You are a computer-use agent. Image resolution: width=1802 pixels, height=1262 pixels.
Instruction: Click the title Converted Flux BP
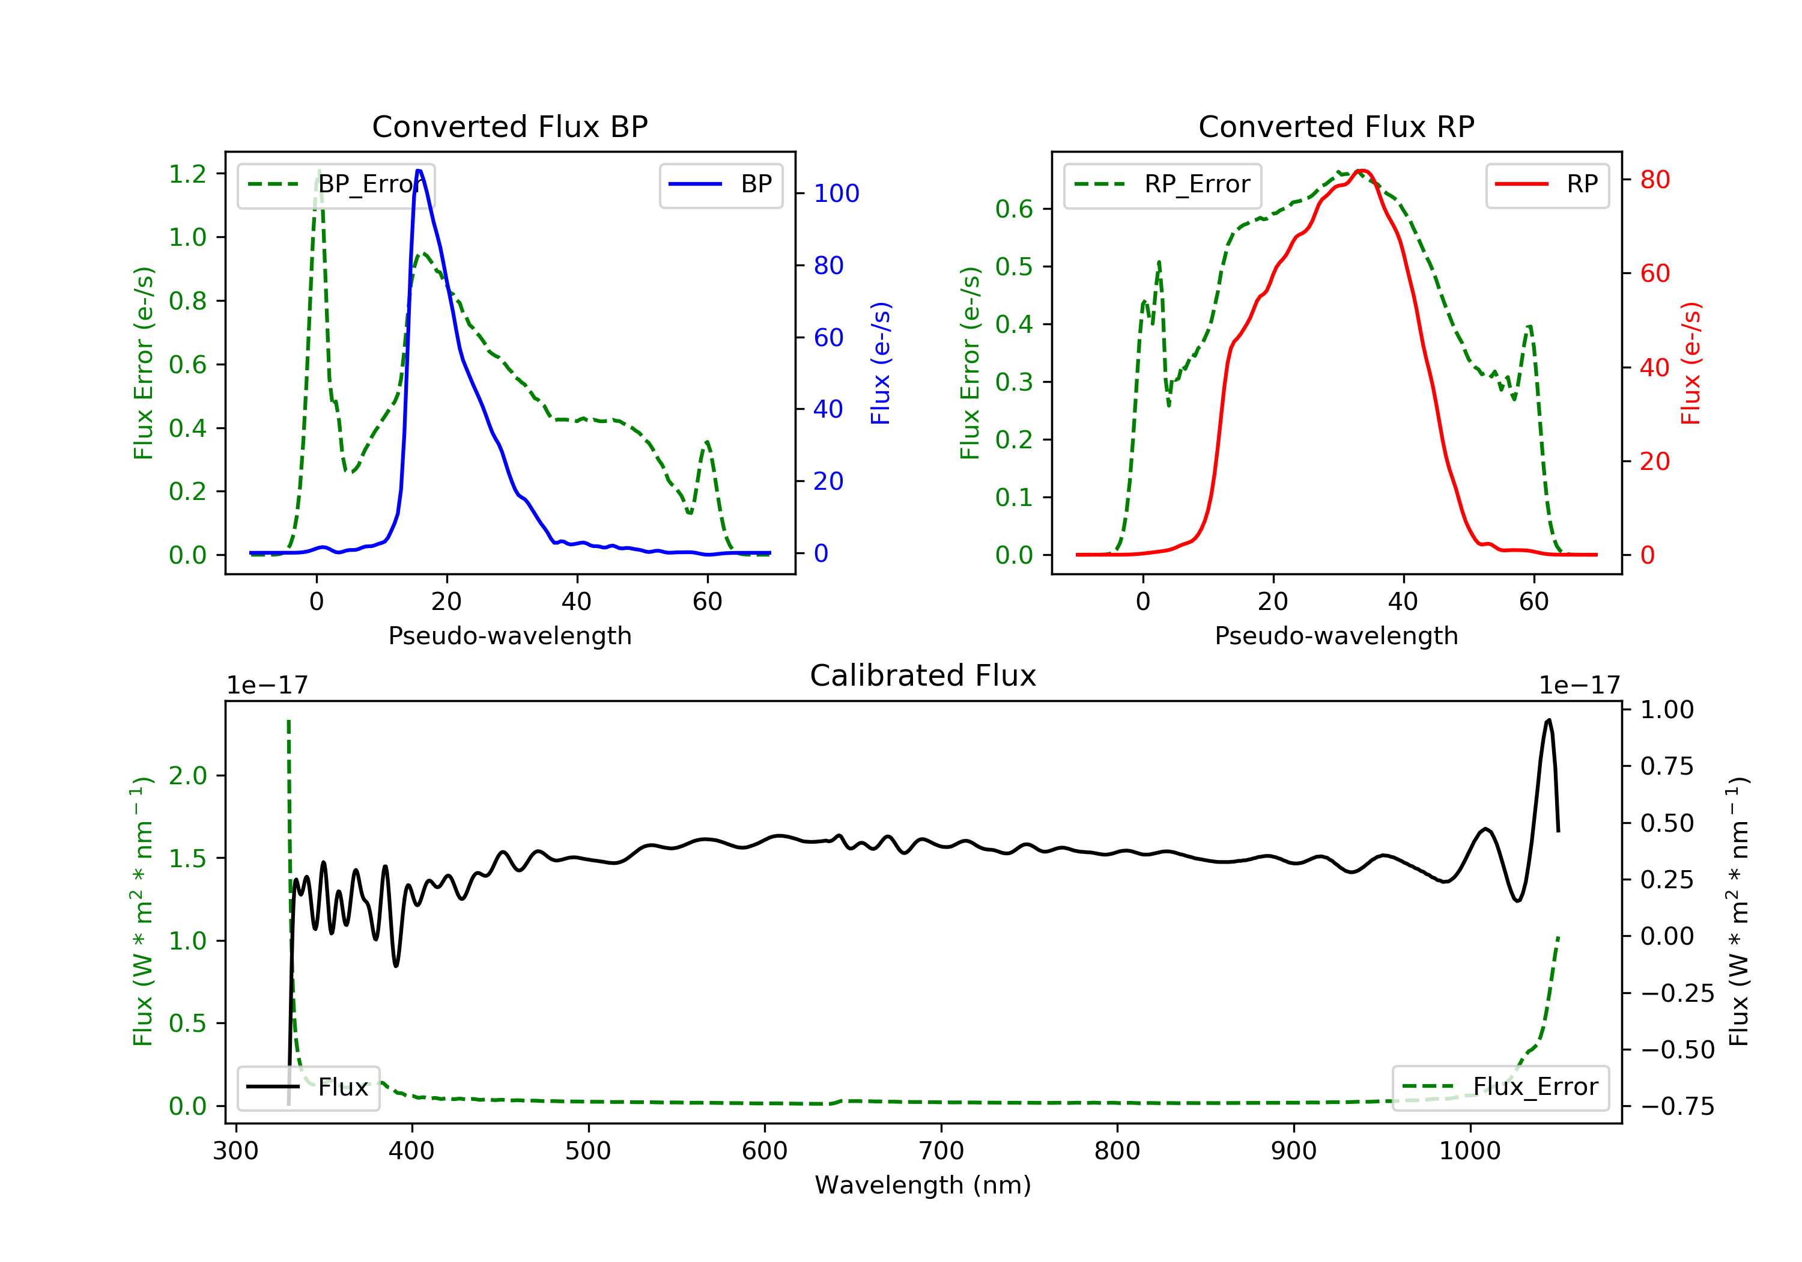[509, 126]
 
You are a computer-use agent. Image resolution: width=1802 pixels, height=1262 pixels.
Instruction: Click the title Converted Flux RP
[1336, 126]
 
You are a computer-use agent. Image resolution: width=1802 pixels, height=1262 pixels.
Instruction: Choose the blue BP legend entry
[720, 184]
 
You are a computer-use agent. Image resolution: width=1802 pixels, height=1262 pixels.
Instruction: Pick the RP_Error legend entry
[1162, 184]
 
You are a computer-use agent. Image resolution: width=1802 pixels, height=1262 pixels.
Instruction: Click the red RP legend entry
[1547, 184]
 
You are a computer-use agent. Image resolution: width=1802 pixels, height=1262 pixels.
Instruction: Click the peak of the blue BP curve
[419, 171]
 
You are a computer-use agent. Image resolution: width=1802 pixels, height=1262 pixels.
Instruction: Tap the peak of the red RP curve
[1362, 171]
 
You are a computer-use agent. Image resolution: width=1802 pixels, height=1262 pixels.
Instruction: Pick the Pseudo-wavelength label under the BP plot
[509, 635]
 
